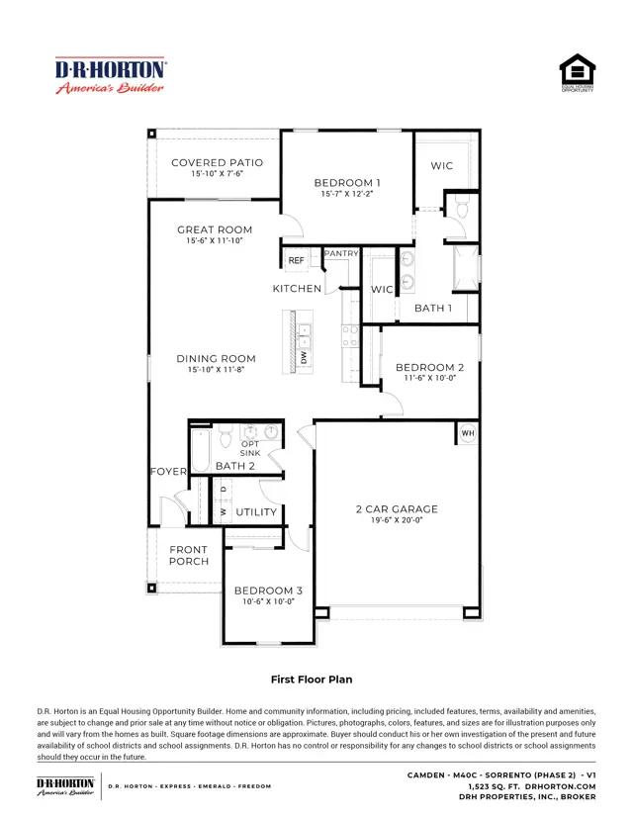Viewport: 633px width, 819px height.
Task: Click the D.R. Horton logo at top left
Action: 110,75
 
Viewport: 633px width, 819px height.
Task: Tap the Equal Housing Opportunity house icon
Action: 577,72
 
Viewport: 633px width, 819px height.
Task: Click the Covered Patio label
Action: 218,162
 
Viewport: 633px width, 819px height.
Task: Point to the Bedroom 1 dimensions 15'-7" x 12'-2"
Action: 347,194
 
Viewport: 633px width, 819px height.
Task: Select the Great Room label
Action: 215,229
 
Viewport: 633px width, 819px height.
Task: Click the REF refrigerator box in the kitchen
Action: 296,260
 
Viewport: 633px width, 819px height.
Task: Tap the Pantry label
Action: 341,253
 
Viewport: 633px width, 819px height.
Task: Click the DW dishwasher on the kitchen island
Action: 304,358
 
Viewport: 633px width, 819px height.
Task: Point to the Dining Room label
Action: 217,358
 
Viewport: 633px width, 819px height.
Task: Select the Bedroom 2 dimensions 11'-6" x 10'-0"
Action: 430,378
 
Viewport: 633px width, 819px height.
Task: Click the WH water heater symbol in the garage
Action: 468,433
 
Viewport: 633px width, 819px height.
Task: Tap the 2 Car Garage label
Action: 397,508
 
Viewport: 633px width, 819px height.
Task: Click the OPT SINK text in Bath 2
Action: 250,448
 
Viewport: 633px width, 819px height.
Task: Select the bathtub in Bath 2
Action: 201,450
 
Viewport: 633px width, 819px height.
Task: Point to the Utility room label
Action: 256,512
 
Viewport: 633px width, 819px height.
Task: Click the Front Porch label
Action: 189,555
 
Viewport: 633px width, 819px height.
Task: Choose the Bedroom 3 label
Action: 268,591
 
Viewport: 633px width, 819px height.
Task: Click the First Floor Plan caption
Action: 312,680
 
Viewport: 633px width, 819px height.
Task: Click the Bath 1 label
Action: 433,309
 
